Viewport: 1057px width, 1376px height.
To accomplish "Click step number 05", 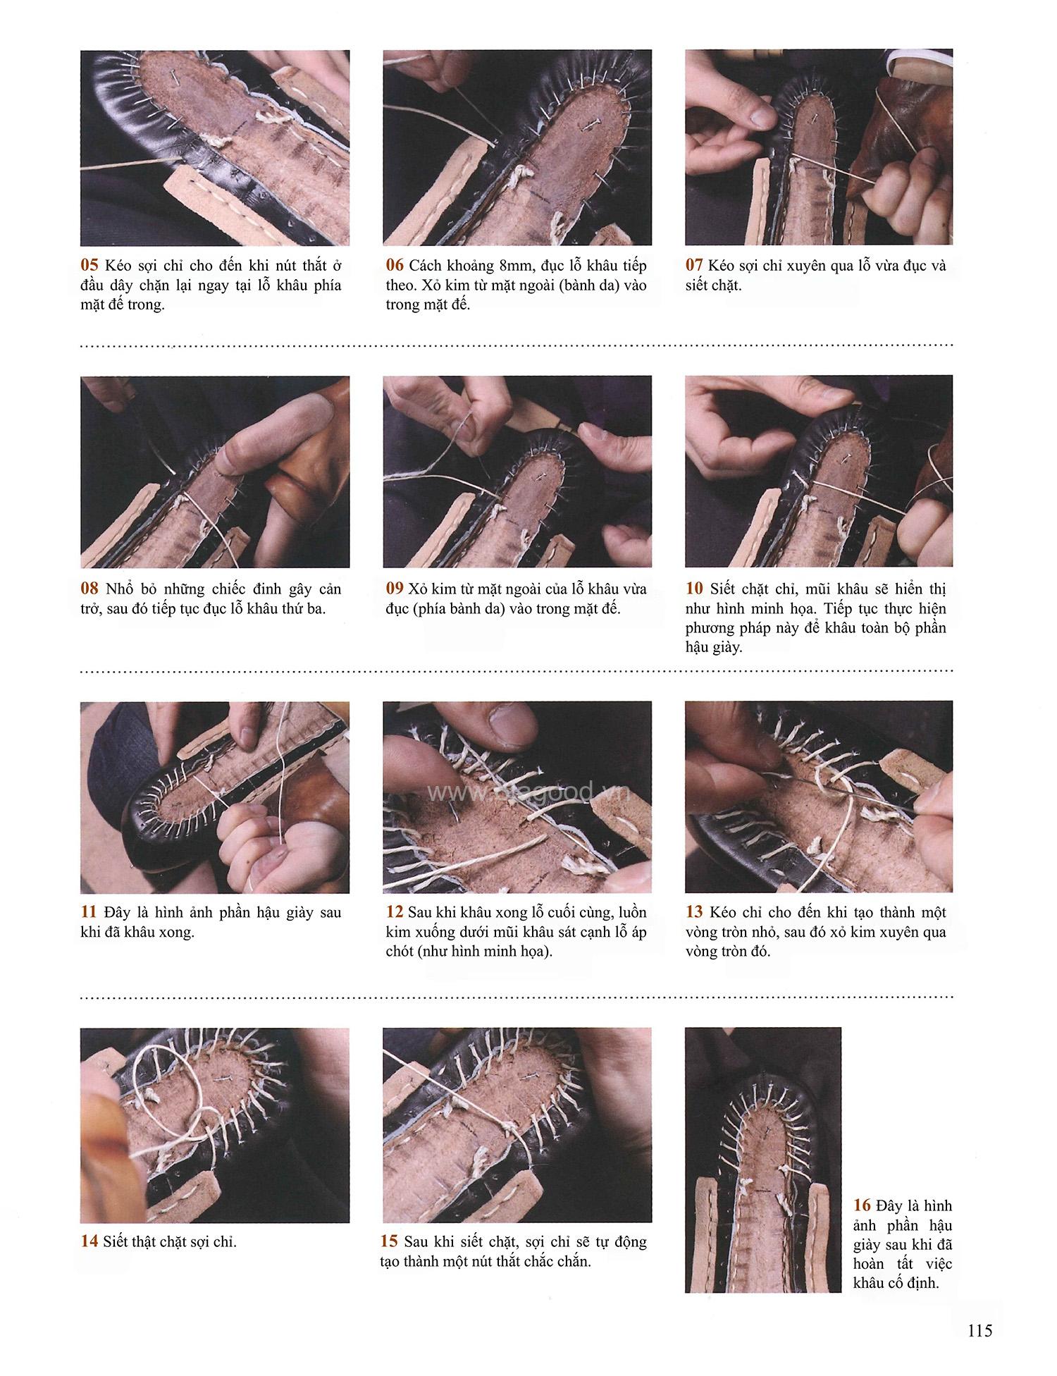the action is [x=89, y=266].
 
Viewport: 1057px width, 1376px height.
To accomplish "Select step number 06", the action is [x=395, y=266].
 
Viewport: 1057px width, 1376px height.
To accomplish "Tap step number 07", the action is [x=694, y=266].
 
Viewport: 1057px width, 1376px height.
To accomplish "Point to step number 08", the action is [x=89, y=589].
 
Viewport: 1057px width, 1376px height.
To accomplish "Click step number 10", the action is [x=694, y=589].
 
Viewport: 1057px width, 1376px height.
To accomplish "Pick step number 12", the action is [x=395, y=912].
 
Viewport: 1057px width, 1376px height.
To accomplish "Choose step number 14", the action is [x=89, y=1241].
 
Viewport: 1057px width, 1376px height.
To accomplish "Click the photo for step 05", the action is [x=215, y=148].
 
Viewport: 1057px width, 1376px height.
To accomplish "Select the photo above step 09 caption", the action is [x=517, y=472].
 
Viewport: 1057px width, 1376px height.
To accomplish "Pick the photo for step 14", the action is [x=215, y=1125].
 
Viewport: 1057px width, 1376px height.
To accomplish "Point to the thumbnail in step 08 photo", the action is [x=238, y=448].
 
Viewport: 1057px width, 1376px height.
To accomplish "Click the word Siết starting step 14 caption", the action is [x=116, y=1241].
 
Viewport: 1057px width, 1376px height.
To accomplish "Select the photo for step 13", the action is [x=819, y=797].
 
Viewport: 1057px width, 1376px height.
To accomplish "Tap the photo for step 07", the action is [x=819, y=147].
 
